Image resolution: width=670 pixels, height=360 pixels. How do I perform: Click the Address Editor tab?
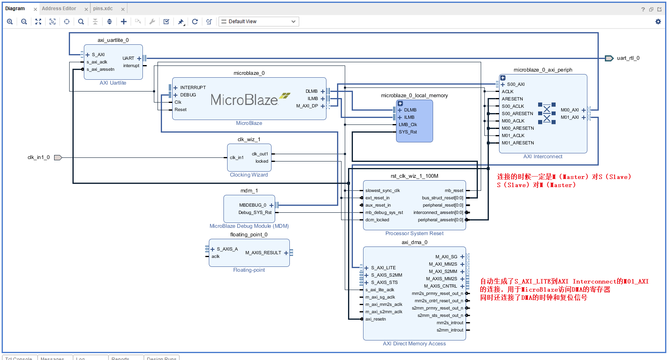[x=59, y=9]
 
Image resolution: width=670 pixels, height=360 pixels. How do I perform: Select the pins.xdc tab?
[x=103, y=9]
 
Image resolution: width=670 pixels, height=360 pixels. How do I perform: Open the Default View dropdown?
[x=259, y=22]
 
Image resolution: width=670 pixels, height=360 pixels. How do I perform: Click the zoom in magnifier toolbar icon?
[x=10, y=22]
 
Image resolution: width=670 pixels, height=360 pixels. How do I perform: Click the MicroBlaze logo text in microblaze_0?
[x=244, y=100]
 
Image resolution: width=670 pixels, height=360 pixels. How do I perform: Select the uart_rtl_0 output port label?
[x=628, y=58]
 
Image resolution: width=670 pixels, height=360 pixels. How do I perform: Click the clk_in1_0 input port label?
[x=39, y=157]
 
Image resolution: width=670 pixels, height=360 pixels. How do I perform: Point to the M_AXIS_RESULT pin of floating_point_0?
[x=263, y=253]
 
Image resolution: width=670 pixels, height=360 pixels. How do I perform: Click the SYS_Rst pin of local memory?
[x=407, y=132]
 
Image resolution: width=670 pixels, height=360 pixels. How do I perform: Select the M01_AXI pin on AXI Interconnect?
[x=569, y=117]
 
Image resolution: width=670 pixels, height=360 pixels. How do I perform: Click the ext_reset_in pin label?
[x=377, y=198]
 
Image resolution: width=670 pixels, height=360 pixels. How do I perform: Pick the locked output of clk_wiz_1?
[x=262, y=161]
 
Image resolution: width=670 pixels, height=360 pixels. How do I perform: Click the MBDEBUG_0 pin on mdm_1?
[x=253, y=205]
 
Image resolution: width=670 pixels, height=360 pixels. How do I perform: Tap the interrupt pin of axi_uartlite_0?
[x=131, y=65]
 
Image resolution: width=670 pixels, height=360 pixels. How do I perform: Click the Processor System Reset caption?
[x=414, y=233]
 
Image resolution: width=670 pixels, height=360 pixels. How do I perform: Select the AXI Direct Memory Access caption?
[x=414, y=344]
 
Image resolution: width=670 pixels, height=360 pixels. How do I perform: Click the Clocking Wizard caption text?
[x=249, y=175]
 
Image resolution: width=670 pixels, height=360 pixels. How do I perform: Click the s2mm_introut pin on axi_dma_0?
[x=450, y=330]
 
